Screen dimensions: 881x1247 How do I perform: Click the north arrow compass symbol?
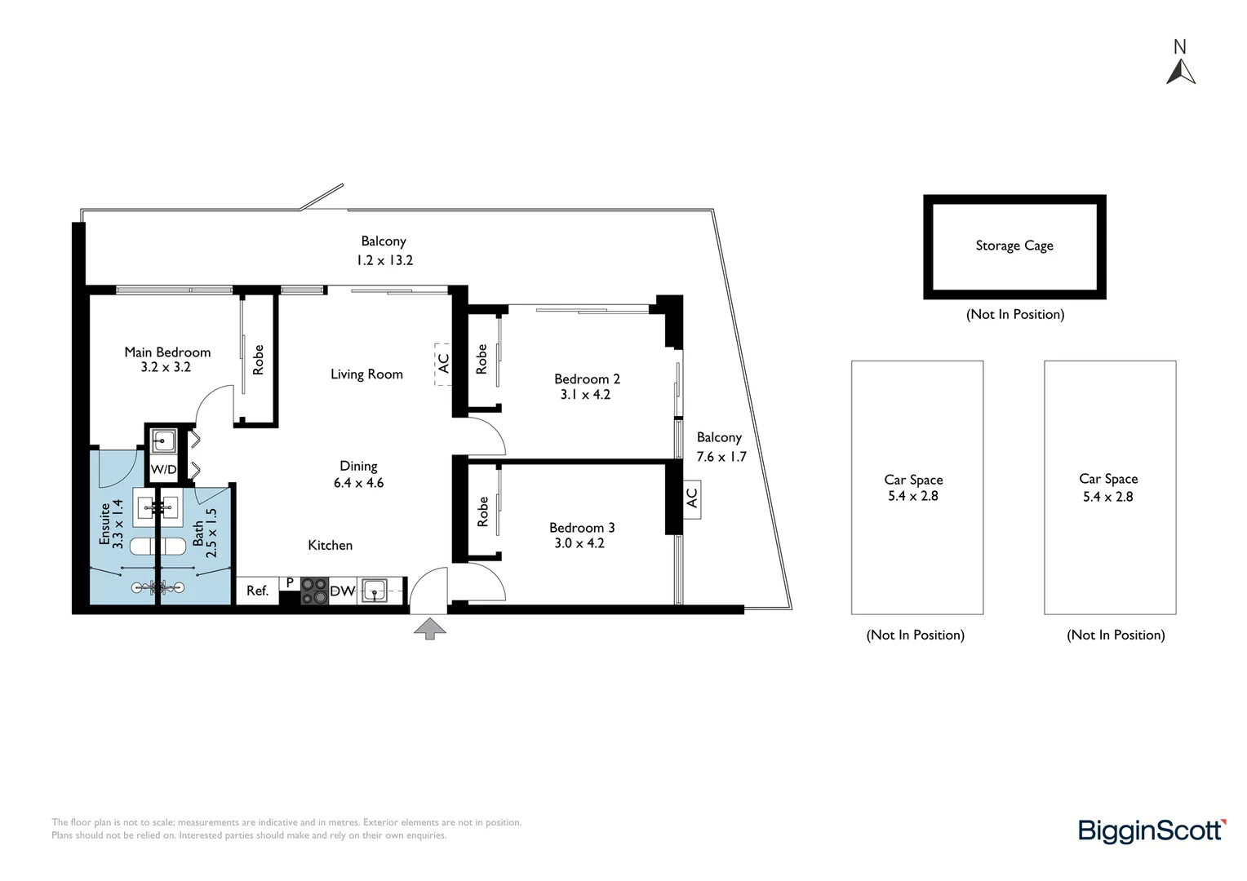(x=1181, y=72)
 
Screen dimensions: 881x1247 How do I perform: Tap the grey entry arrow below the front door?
(x=430, y=627)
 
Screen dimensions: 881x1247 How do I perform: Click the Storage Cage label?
(x=1014, y=246)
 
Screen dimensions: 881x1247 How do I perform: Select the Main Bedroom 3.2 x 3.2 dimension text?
(x=166, y=367)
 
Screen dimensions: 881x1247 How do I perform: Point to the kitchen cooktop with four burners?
(x=314, y=591)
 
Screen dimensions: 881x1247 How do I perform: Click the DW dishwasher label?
(x=342, y=591)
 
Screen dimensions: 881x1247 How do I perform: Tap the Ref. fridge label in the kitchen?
(x=257, y=591)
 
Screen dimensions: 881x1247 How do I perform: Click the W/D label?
(x=163, y=470)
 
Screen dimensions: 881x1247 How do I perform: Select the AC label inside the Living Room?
(x=443, y=362)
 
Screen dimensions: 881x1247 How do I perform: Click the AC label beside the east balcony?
(x=692, y=498)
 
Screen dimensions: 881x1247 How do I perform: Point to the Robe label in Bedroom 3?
(x=482, y=511)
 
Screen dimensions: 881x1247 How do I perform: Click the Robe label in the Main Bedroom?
(x=259, y=360)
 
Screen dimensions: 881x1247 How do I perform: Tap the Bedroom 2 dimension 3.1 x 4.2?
(x=585, y=395)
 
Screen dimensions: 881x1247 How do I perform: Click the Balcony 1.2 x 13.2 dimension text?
(x=384, y=260)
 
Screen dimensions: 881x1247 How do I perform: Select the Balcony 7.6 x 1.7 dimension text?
(x=721, y=457)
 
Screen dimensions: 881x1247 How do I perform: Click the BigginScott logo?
(x=1152, y=830)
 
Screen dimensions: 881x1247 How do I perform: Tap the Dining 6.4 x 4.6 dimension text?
(x=358, y=483)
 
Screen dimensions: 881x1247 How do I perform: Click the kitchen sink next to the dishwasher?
(x=375, y=590)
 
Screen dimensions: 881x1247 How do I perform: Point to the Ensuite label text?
(x=104, y=524)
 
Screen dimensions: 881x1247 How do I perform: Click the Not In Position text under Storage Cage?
(x=1014, y=314)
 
